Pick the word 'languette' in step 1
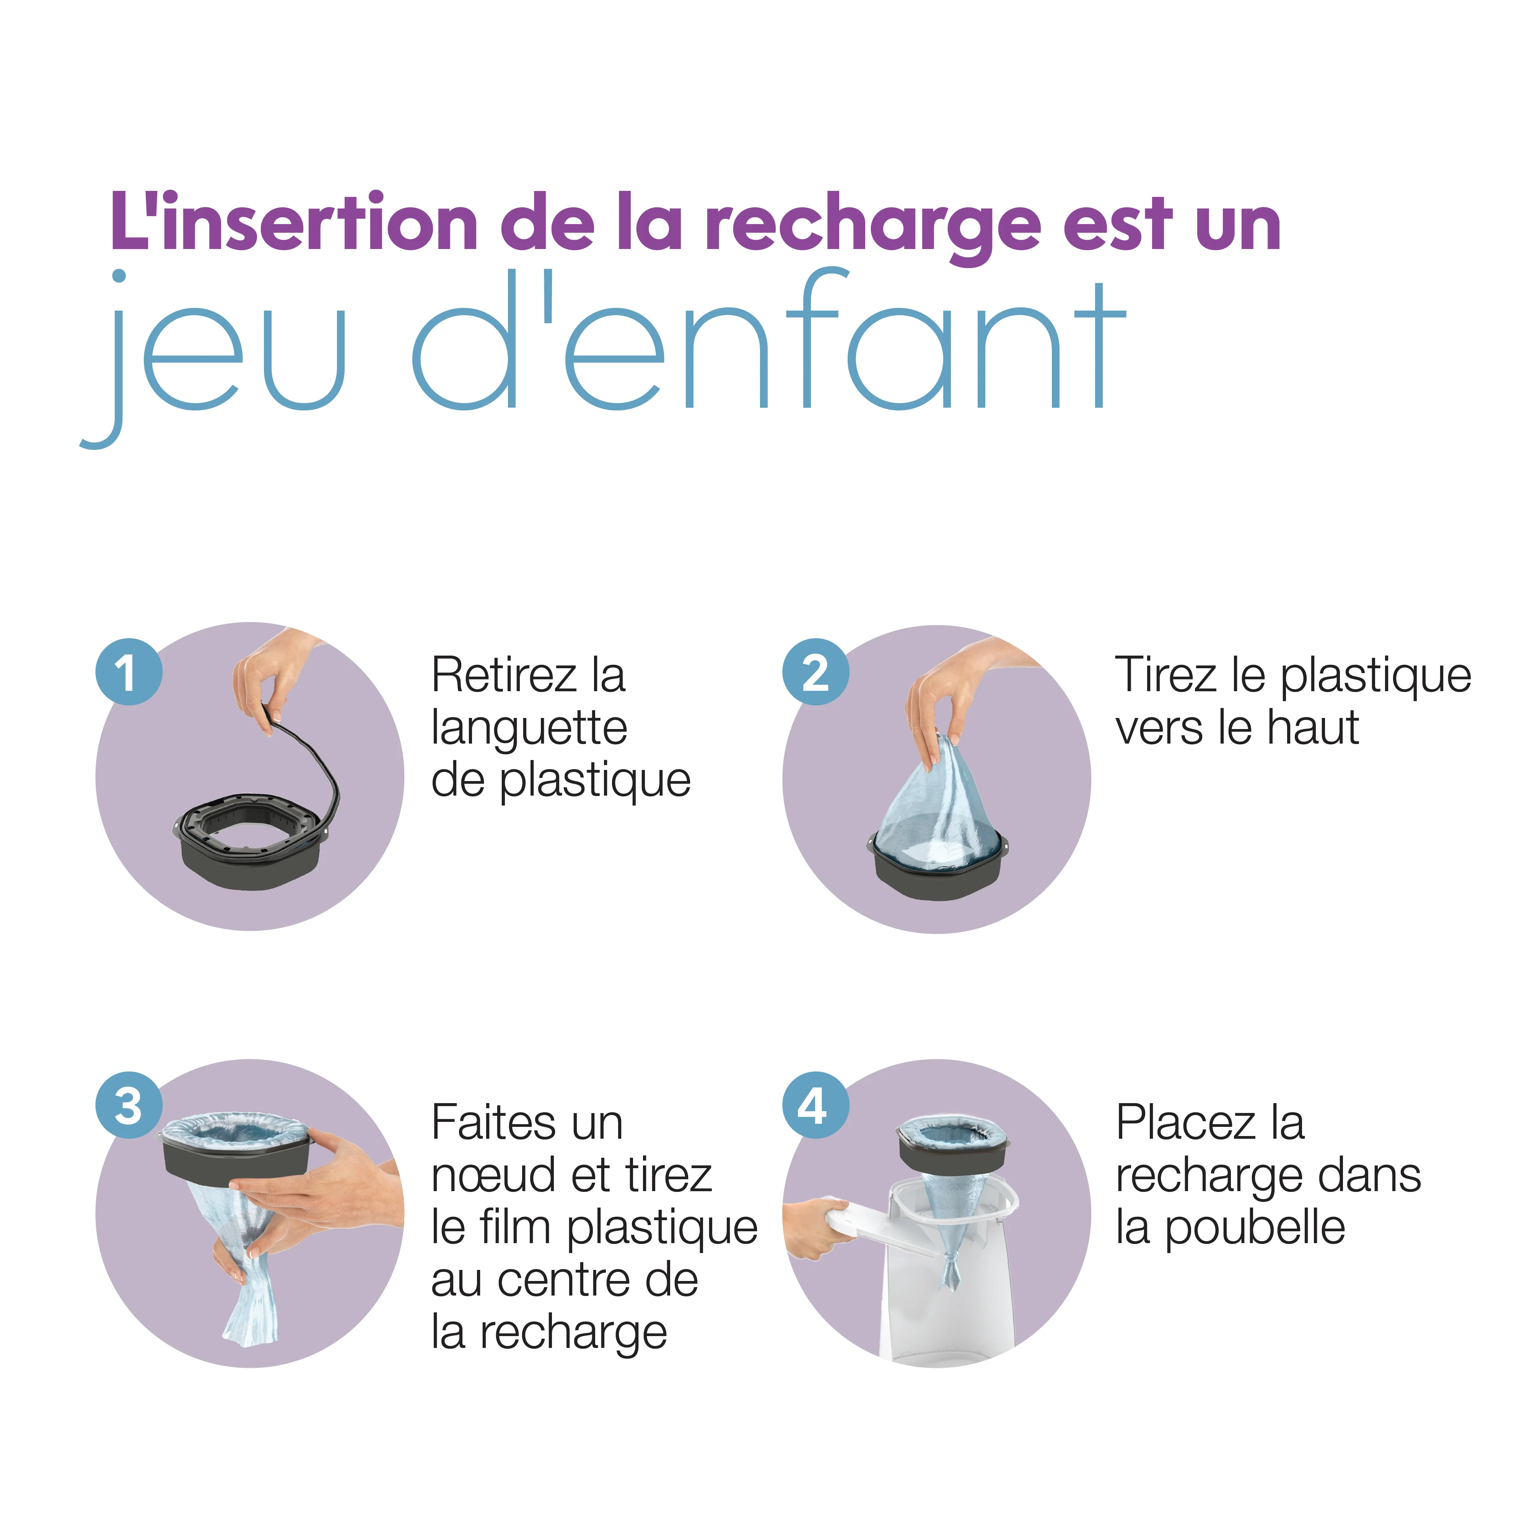(x=529, y=729)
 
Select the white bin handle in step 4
(x=871, y=1224)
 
